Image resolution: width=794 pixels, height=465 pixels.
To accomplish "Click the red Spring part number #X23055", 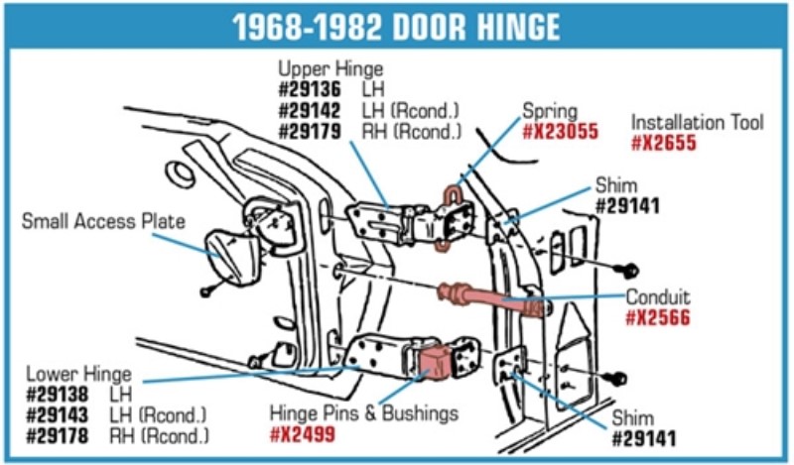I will coord(561,131).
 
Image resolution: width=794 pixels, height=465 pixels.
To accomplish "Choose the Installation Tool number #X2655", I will coord(663,144).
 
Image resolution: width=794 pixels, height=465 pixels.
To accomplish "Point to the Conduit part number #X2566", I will coord(657,318).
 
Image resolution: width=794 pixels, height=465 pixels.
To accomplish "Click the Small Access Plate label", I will coord(103,221).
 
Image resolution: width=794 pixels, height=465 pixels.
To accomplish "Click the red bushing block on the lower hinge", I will coord(436,361).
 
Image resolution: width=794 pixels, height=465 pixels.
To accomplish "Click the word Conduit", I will coord(657,297).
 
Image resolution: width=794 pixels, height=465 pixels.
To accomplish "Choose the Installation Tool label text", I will coord(698,123).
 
